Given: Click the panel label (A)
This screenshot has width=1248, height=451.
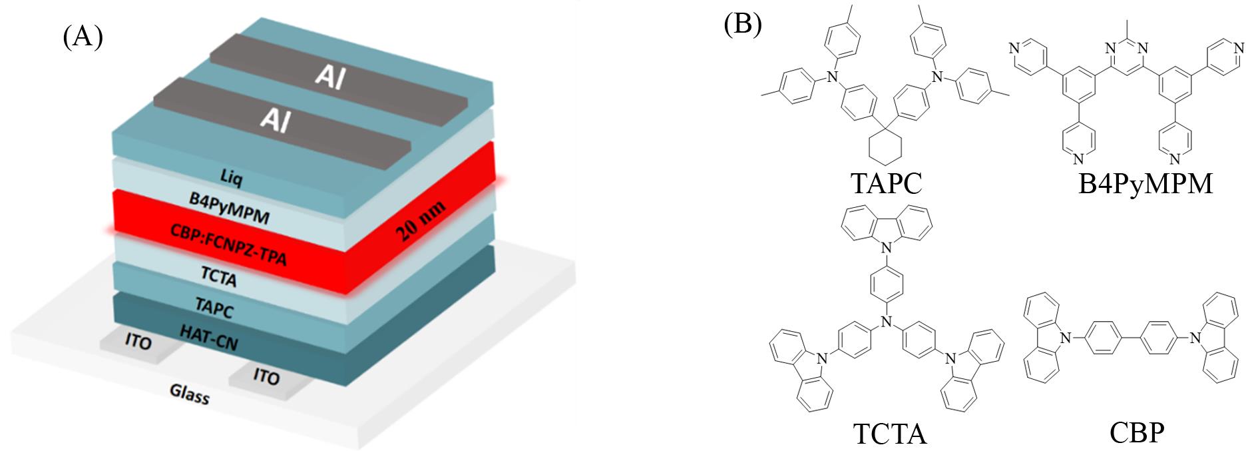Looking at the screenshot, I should (83, 37).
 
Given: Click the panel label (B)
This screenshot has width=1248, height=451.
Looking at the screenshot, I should (742, 25).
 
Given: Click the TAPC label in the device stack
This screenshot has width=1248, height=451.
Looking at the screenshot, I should (214, 308).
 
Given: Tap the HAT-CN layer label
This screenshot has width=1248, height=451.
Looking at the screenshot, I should (210, 337).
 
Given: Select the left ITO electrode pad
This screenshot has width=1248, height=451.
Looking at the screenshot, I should (138, 344).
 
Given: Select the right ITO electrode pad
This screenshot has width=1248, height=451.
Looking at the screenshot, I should (266, 376).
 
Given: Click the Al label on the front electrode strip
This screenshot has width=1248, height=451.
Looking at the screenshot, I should (274, 121).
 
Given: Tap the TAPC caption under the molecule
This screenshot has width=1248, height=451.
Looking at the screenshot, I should (885, 183).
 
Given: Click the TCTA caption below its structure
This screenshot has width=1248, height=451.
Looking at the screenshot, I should (889, 434).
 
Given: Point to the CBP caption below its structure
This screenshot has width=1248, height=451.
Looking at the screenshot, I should (1136, 434).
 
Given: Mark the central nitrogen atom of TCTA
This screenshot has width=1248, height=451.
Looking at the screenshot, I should (885, 322).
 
